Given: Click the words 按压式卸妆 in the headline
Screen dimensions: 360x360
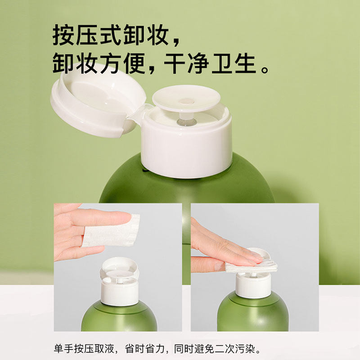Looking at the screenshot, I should pos(111,35).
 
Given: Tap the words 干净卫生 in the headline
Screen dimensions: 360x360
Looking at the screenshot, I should pos(211,64).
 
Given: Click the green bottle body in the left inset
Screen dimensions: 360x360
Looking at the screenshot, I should pos(119,317).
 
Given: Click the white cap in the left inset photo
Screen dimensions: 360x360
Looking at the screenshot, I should pos(119,290).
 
